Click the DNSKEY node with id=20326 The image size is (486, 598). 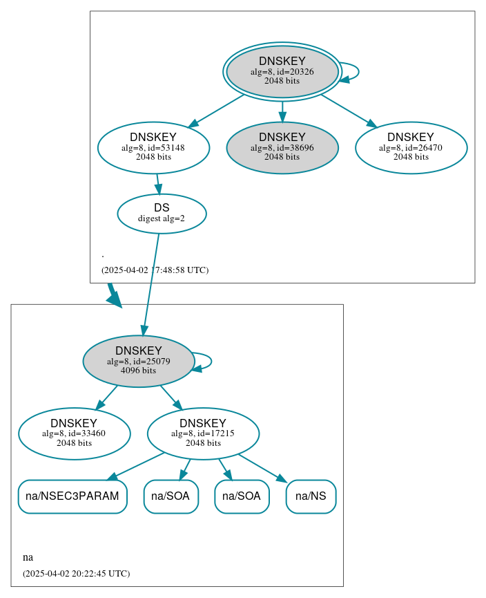(x=282, y=71)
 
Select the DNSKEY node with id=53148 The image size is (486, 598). (x=153, y=147)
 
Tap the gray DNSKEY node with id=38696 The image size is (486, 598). (x=282, y=147)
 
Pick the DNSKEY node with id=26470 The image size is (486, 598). (x=411, y=147)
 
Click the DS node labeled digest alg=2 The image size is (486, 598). (x=162, y=214)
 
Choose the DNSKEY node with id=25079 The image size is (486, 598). (x=138, y=361)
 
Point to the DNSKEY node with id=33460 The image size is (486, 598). (x=74, y=433)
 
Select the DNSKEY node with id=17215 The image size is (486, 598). (x=203, y=433)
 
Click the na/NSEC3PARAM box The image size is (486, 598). (x=72, y=496)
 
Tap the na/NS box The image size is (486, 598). (x=311, y=496)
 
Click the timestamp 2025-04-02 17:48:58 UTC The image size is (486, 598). (x=155, y=270)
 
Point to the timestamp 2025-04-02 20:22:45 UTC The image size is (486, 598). (x=76, y=574)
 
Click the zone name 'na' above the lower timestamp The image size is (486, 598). (x=28, y=557)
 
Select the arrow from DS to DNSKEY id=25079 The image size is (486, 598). (x=151, y=284)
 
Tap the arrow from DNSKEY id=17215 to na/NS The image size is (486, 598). (x=262, y=468)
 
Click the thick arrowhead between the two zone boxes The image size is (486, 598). (x=113, y=298)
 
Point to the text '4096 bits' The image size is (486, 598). (x=138, y=371)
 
